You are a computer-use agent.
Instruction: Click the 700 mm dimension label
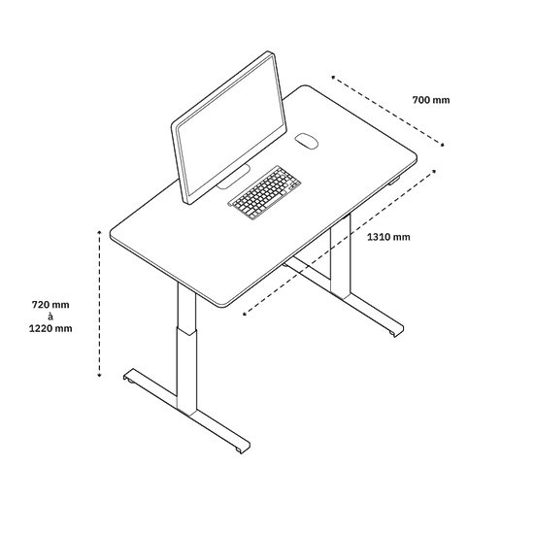click(431, 100)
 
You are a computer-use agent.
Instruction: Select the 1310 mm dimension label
click(388, 237)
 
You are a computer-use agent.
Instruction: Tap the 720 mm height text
click(50, 305)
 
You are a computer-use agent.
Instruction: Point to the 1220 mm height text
click(50, 328)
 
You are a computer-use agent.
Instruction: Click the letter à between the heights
click(50, 317)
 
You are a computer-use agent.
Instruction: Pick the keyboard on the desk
click(264, 192)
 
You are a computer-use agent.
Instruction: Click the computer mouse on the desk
click(306, 141)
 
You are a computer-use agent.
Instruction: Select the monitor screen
click(230, 129)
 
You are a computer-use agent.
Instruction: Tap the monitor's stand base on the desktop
click(234, 177)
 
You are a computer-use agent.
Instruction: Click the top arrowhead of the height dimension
click(99, 232)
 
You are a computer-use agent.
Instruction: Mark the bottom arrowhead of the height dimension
click(99, 375)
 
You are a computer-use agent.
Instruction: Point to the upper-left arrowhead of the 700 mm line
click(334, 78)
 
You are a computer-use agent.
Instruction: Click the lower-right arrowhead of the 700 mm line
click(442, 145)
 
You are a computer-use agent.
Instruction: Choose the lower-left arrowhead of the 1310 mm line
click(245, 314)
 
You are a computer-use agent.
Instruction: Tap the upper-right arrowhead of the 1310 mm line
click(434, 171)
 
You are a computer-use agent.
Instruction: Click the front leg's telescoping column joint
click(186, 331)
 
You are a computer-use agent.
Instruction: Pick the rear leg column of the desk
click(340, 257)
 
